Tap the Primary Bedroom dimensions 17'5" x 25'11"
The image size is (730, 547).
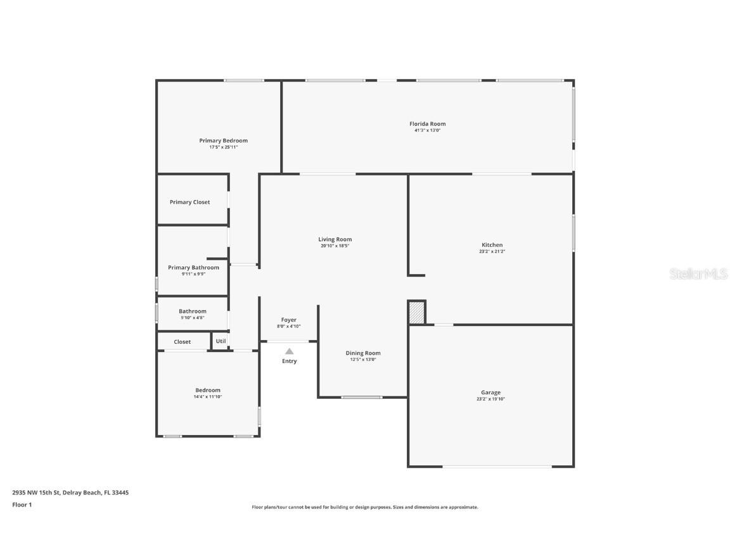point(223,147)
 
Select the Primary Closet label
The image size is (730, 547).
point(189,202)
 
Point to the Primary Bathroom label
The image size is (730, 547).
point(193,267)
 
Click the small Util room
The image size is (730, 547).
point(221,341)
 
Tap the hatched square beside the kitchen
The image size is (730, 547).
point(416,313)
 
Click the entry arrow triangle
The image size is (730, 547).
point(289,351)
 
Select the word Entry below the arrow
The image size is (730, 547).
point(289,361)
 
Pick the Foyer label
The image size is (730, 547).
point(288,320)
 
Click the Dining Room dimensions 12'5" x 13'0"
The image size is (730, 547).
point(363,360)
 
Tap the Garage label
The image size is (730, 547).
point(490,393)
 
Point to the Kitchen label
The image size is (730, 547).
point(492,245)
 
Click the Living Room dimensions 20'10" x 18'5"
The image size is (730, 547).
point(335,246)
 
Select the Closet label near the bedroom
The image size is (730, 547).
point(182,342)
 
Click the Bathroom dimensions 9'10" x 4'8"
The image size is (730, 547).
point(192,317)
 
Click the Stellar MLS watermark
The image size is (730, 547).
point(698,273)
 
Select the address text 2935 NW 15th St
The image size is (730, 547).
point(37,493)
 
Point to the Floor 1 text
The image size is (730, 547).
point(22,505)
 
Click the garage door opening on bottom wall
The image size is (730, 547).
point(497,467)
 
